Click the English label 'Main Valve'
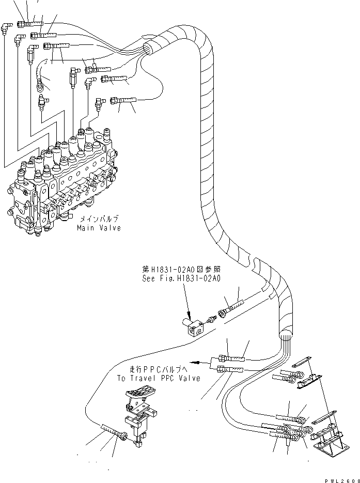(x=99, y=228)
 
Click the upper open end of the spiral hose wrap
(x=148, y=50)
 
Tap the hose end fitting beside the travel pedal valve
(x=122, y=435)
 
